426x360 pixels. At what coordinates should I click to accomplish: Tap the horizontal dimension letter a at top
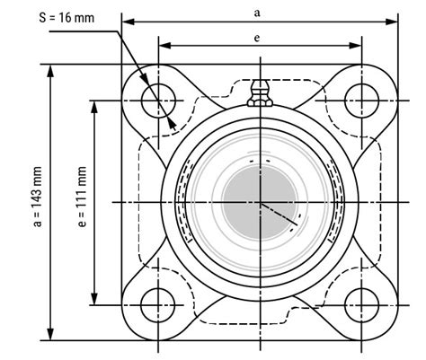[x=259, y=12]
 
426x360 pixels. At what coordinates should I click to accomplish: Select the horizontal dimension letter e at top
[x=259, y=39]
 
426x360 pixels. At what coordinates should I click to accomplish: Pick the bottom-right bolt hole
[x=362, y=301]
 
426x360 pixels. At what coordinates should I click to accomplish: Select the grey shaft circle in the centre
[x=260, y=201]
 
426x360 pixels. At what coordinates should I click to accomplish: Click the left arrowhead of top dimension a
[x=127, y=21]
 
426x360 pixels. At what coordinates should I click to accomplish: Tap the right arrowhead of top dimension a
[x=395, y=21]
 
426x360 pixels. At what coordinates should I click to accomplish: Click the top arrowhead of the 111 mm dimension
[x=95, y=102]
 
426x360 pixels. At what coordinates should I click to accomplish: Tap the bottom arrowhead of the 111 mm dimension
[x=95, y=301]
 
